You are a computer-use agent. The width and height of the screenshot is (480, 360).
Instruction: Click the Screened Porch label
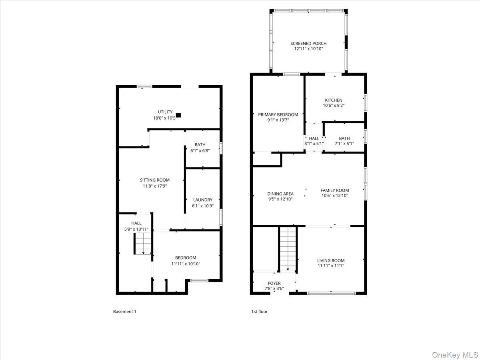point(308,44)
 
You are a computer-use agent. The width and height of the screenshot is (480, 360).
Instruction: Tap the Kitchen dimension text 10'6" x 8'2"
point(333,106)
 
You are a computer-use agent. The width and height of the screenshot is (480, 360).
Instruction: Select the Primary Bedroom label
point(278,114)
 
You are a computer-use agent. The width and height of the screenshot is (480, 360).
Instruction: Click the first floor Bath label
point(344,138)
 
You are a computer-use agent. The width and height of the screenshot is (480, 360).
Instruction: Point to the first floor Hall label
point(314,138)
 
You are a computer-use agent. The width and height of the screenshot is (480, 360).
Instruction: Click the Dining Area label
point(280,194)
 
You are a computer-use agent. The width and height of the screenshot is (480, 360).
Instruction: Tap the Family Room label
point(335,190)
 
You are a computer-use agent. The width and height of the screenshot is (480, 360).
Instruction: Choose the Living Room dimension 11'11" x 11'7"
point(331,266)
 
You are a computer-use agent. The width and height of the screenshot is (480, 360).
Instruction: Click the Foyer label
point(274,283)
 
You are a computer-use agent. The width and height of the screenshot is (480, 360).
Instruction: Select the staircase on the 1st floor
point(287,248)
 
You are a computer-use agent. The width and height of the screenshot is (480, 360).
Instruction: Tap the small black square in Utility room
point(178,115)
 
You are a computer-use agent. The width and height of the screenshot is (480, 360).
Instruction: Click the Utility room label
point(165,112)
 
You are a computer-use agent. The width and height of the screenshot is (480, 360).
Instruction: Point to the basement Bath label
point(200,145)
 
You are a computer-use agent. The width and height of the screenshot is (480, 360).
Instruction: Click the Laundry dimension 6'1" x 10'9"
point(202,206)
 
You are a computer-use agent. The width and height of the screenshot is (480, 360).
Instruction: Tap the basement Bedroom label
point(186,258)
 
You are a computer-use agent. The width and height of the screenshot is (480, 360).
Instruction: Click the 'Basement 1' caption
point(124,312)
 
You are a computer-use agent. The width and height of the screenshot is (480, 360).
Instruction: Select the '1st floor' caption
point(259,312)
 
